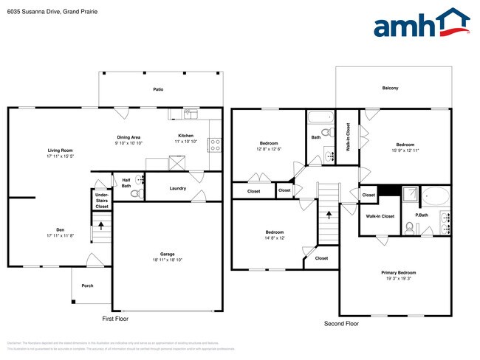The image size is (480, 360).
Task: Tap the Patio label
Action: (158, 89)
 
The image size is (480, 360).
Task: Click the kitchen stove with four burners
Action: (216, 145)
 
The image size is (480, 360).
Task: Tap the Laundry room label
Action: (177, 189)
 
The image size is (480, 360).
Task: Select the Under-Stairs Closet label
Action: (102, 201)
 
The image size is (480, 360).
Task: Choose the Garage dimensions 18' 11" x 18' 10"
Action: (167, 260)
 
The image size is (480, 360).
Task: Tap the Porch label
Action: (87, 285)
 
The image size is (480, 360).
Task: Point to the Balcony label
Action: (391, 89)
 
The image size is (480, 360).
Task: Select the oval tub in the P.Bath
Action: (436, 197)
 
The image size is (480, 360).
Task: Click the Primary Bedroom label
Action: (395, 272)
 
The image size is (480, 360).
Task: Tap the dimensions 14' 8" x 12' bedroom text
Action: (274, 238)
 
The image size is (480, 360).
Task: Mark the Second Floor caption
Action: (341, 324)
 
